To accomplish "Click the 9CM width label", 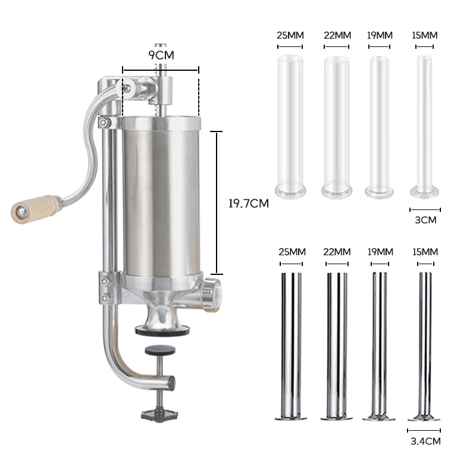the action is tap(161, 55).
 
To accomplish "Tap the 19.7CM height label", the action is tap(249, 203).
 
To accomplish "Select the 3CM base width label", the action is tap(425, 220).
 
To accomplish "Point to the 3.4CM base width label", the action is tap(425, 441).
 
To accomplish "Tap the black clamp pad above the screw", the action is tap(160, 350).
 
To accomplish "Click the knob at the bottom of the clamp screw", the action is tap(159, 414).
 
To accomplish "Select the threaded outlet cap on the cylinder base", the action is tap(212, 295).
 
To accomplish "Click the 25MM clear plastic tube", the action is tap(290, 127).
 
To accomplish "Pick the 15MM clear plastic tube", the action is tap(424, 126).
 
